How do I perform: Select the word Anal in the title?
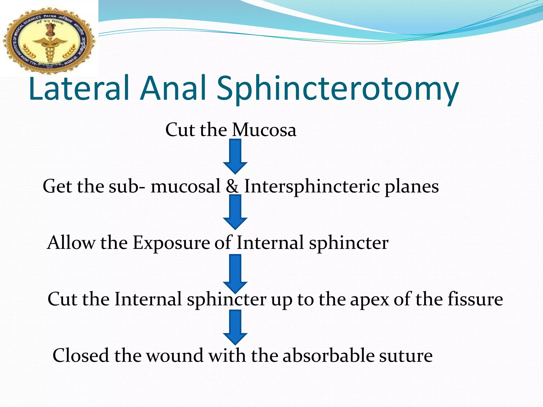click(173, 89)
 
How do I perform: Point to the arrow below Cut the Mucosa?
click(235, 156)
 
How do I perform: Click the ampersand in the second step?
click(232, 186)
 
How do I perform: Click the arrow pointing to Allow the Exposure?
click(235, 212)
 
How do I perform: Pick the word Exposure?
click(171, 243)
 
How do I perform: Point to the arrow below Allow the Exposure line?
click(235, 273)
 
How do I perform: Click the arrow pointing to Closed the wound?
click(235, 328)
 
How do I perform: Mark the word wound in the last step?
click(175, 355)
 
